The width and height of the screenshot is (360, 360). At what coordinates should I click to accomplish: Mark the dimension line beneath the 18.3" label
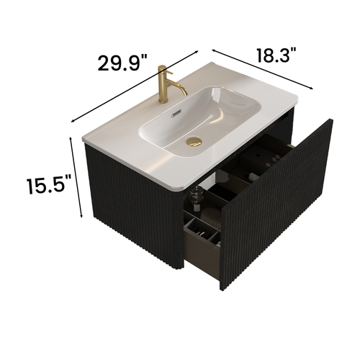pos(264,69)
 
